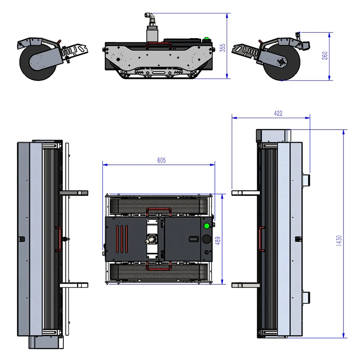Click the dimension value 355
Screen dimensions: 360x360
pos(223,48)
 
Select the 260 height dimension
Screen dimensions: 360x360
pos(325,55)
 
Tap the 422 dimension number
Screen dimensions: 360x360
pos(278,113)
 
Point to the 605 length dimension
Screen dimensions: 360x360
pos(162,161)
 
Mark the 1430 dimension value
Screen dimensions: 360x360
pos(339,241)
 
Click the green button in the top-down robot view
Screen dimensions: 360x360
pos(207,226)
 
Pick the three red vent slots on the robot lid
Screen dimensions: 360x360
pos(121,239)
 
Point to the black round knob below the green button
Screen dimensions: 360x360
pos(207,239)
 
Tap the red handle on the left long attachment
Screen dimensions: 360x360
pos(57,239)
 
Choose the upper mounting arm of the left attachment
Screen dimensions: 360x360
pos(74,193)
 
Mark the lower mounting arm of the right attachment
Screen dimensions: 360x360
pos(246,285)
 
